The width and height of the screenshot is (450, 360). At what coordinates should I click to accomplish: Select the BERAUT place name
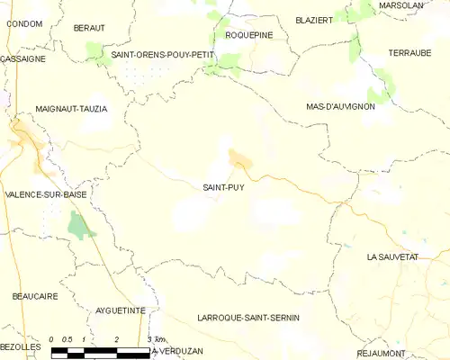(89, 28)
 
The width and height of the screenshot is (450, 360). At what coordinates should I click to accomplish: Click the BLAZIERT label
(314, 19)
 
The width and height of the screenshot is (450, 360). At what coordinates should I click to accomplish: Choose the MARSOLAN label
(401, 5)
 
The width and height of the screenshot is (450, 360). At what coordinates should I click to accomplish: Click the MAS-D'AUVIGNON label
(340, 106)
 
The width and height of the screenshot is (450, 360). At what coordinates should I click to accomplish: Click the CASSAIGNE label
(23, 58)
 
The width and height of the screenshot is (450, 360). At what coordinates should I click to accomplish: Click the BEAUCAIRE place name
(35, 295)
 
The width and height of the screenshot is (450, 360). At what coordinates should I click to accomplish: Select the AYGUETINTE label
(120, 310)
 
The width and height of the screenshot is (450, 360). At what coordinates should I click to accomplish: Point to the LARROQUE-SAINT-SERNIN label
(247, 319)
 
